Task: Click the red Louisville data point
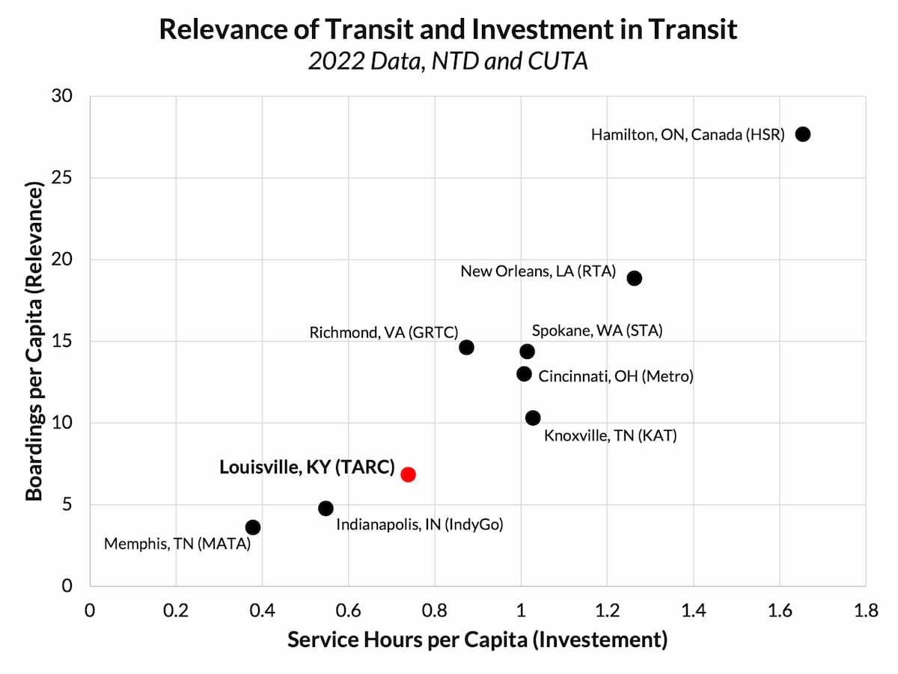(408, 474)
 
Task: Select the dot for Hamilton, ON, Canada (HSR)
(803, 134)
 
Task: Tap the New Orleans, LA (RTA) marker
(634, 278)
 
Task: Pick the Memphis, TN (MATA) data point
(253, 527)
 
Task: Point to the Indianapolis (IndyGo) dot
(326, 508)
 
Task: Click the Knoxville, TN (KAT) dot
(533, 417)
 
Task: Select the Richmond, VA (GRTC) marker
(466, 347)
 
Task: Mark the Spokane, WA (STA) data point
(527, 351)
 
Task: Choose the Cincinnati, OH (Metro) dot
(524, 373)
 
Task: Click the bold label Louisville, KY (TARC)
(307, 468)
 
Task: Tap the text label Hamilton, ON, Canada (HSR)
(687, 135)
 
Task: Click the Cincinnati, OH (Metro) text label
(616, 376)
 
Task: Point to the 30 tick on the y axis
(63, 96)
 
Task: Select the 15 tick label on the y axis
(63, 341)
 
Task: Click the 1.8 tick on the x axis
(866, 610)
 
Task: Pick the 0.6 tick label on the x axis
(348, 610)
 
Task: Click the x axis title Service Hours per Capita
(477, 640)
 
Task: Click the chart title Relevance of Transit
(448, 29)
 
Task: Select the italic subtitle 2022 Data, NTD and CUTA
(448, 61)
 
